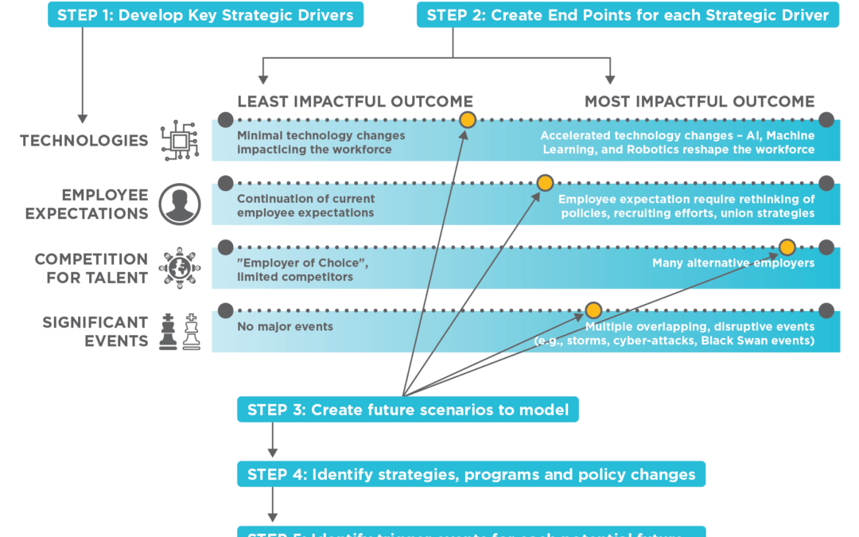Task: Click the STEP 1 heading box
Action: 206,14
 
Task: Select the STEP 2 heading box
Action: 628,14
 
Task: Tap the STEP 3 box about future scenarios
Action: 408,410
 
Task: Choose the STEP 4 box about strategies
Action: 471,475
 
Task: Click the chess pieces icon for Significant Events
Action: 178,332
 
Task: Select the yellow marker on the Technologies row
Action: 468,120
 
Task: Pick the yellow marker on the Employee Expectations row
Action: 545,184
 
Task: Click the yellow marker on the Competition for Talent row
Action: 787,247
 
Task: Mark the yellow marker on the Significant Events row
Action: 593,310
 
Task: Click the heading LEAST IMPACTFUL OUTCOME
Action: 355,102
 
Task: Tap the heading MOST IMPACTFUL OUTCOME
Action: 699,102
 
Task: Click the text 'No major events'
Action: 285,326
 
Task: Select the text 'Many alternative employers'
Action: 733,263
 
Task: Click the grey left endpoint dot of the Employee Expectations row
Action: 225,184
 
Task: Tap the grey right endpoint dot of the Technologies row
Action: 826,120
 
